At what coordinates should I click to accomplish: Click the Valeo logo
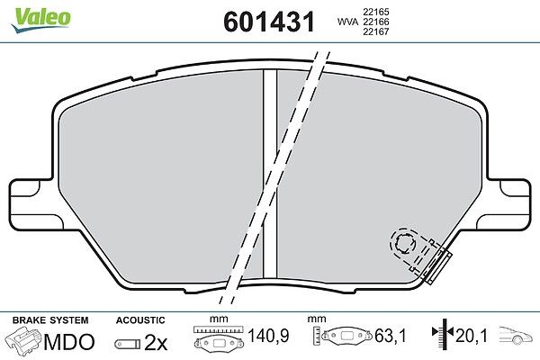tap(41, 20)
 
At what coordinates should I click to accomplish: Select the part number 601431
tap(269, 22)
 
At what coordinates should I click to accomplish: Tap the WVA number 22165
tap(375, 12)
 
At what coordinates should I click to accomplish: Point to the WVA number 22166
tap(375, 22)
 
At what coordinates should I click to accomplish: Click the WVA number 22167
tap(375, 31)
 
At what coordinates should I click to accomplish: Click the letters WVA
tap(347, 22)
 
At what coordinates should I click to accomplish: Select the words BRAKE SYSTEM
tap(50, 320)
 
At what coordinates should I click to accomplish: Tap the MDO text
tap(69, 342)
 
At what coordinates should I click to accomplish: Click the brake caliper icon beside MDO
tap(23, 341)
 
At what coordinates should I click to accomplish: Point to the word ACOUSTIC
tap(140, 320)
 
